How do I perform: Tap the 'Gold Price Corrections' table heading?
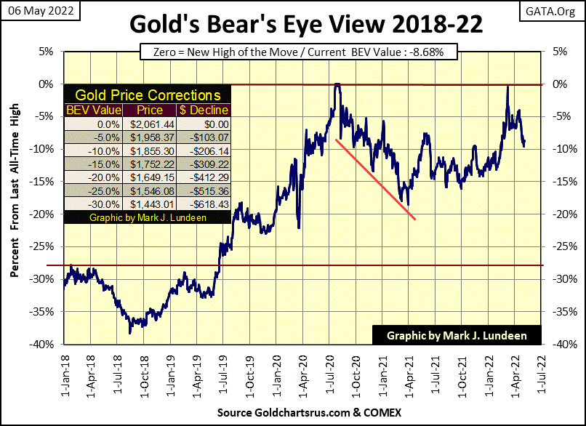coord(148,95)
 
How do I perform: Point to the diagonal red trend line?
coord(374,179)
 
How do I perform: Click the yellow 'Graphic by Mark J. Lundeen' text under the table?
coord(148,217)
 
